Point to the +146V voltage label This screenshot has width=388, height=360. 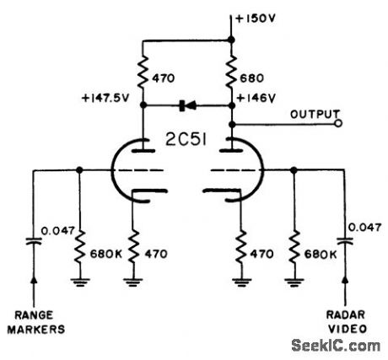pos(259,98)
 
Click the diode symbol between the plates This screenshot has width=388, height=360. pos(187,106)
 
